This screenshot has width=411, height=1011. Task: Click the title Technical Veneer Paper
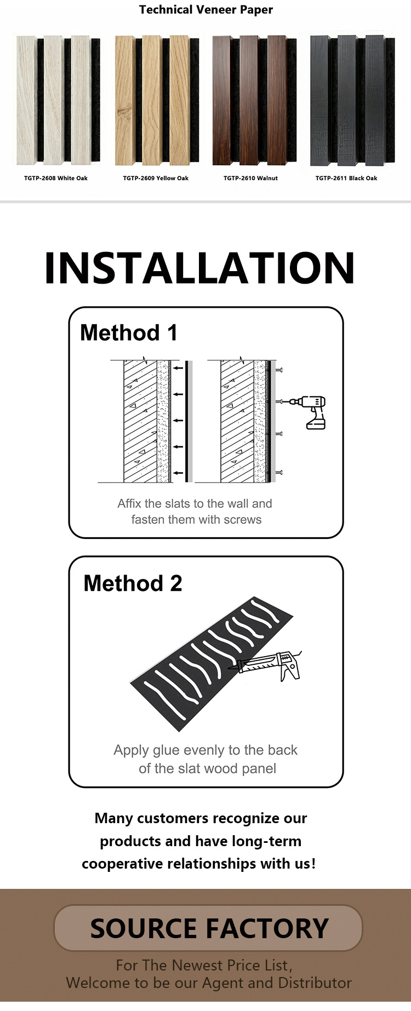(206, 9)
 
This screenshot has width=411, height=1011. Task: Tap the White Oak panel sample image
(58, 100)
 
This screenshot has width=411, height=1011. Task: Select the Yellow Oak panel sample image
(156, 100)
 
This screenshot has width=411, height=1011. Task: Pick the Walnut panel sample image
(254, 100)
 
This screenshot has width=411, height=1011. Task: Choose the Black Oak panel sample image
(352, 100)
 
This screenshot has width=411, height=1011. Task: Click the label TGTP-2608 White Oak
(56, 178)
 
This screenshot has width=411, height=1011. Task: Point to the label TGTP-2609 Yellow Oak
(156, 178)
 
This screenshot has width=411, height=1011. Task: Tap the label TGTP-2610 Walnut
(250, 178)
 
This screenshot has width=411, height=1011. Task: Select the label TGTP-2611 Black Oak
(346, 178)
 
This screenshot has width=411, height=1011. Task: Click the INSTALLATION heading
(200, 268)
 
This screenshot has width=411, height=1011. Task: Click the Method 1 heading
(129, 332)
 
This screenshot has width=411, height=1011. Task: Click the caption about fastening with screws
(196, 511)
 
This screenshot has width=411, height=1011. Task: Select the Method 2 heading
(133, 583)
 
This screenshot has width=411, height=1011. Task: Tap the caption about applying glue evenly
(206, 759)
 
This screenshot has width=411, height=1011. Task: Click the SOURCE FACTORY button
(208, 928)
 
